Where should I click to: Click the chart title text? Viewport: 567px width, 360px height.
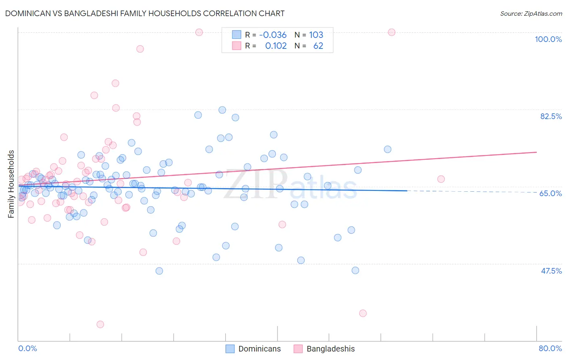click(x=145, y=13)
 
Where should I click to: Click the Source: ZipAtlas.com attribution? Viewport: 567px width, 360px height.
click(x=531, y=13)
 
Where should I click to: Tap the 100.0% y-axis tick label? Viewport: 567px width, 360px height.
click(x=548, y=39)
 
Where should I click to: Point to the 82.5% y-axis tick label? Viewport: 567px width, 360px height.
click(x=551, y=116)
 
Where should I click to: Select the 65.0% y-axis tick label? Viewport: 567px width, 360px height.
click(x=550, y=193)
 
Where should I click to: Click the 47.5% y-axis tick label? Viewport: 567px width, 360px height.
click(x=551, y=271)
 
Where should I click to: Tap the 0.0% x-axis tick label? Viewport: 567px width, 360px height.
click(x=27, y=348)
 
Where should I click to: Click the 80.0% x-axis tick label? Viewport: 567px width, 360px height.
click(x=550, y=348)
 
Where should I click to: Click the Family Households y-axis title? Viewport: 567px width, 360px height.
click(x=11, y=184)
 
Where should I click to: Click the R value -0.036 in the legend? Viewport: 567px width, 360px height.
click(x=273, y=35)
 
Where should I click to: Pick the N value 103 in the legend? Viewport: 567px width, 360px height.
click(x=316, y=35)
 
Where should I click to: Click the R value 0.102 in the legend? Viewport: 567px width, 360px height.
click(x=276, y=46)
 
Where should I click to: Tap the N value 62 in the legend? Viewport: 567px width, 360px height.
click(x=318, y=46)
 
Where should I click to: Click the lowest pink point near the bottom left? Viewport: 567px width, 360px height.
click(x=100, y=324)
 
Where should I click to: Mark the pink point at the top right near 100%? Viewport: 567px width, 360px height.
click(x=392, y=32)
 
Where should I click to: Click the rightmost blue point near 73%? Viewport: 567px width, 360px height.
click(x=388, y=149)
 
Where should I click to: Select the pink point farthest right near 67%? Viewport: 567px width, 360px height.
click(x=441, y=179)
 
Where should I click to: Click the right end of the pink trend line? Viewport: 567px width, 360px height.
click(x=536, y=152)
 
